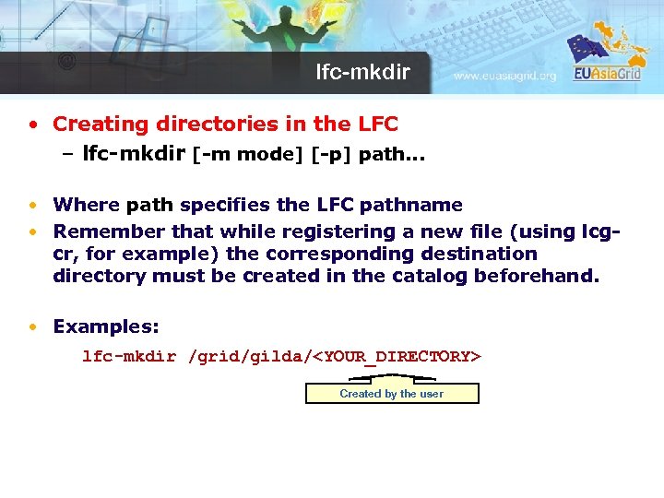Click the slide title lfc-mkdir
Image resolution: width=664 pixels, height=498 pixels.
click(363, 72)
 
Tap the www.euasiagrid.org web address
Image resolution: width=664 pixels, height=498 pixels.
click(505, 77)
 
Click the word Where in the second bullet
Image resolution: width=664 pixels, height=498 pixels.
click(86, 205)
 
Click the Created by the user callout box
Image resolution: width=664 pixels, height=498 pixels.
click(392, 394)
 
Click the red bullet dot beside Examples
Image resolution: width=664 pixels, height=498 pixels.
click(33, 326)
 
